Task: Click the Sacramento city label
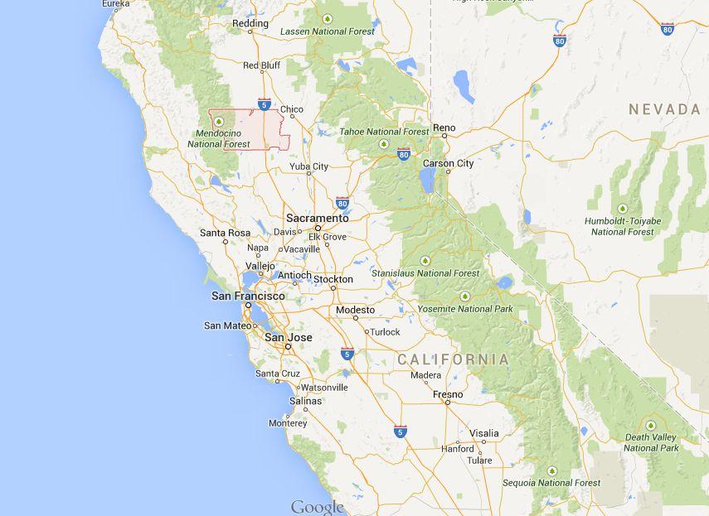tap(318, 218)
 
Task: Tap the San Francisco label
tap(248, 296)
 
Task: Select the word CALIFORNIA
tap(453, 359)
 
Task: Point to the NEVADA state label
tap(664, 109)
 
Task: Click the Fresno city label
tap(448, 394)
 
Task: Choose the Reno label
tap(444, 128)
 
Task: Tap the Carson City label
tap(449, 163)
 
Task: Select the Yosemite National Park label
tap(465, 309)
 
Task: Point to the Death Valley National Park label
tap(652, 442)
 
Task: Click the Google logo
tap(317, 507)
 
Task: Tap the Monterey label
tap(288, 423)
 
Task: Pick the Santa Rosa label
tap(225, 233)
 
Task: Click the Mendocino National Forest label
tap(218, 138)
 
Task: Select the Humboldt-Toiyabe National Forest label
tap(623, 226)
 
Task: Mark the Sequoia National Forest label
tap(551, 482)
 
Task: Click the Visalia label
tap(484, 433)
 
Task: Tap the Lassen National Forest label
tap(328, 31)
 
